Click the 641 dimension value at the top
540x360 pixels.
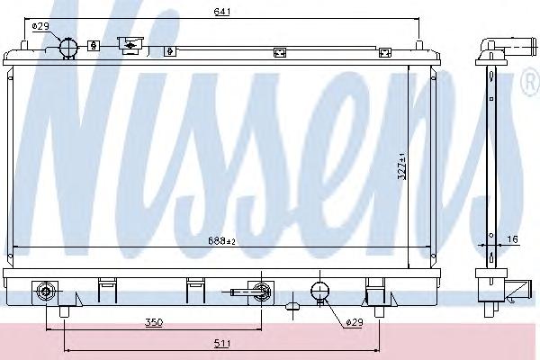pos(221,12)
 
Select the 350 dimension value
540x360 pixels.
pos(154,322)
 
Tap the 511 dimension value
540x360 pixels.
pos(222,343)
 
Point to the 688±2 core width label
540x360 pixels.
pos(221,241)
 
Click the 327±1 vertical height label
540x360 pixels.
pos(401,166)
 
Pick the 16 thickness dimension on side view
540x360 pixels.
pos(512,238)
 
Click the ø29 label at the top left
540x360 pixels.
pos(40,26)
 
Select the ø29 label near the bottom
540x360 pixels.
pos(354,322)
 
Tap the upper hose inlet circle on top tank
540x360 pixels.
pos(69,47)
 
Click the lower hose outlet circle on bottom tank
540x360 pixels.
pos(319,291)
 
